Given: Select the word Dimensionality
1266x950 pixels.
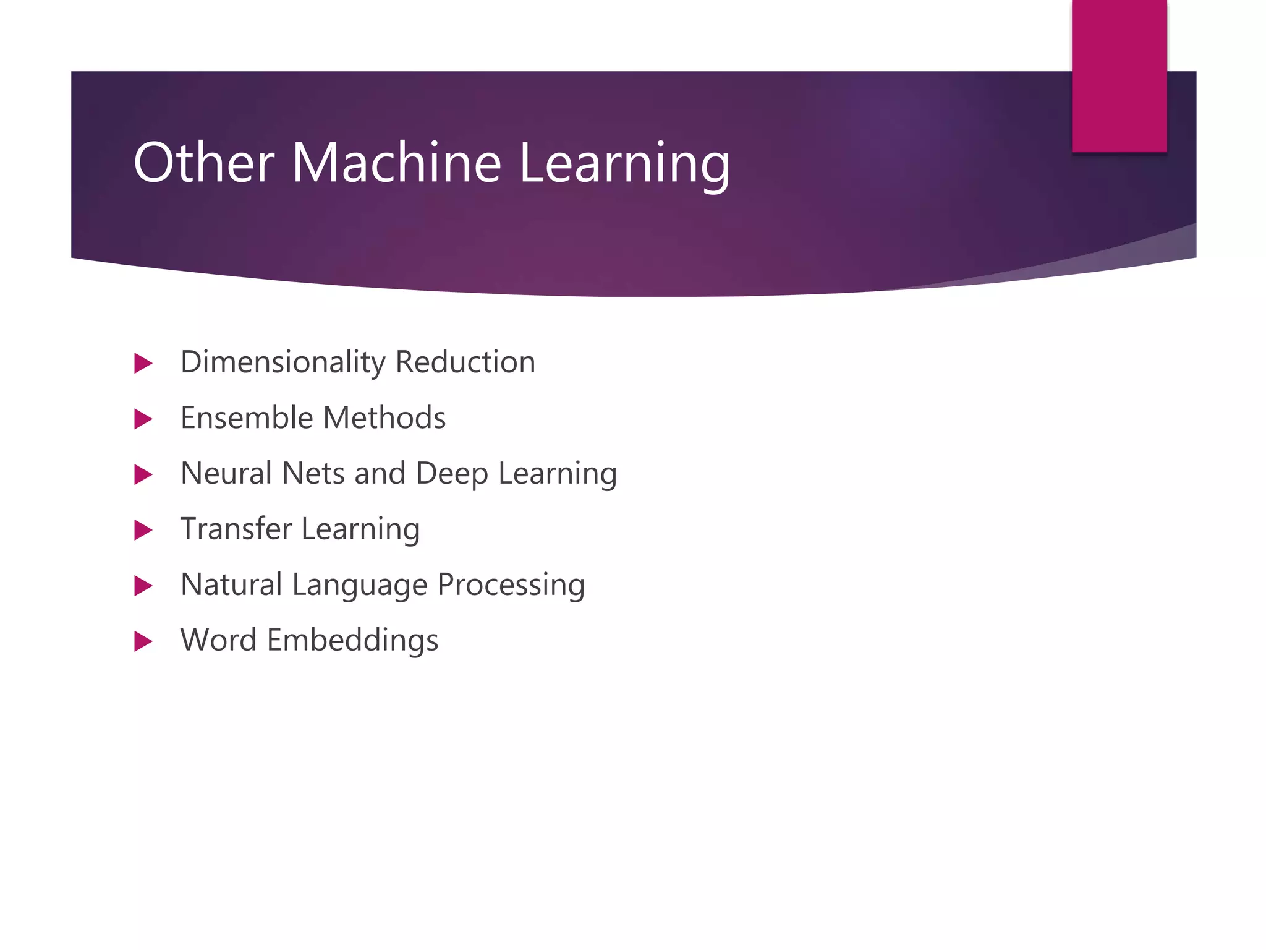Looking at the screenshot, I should [x=283, y=363].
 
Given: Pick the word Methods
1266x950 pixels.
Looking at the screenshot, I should [x=384, y=417].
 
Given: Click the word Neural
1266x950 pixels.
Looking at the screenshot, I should [x=226, y=473].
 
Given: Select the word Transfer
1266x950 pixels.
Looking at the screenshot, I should [x=236, y=529].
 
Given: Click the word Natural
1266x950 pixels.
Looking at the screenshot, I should [x=231, y=584].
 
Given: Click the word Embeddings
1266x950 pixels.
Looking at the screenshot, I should [x=352, y=641].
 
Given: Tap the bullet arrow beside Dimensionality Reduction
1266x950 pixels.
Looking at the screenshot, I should [x=143, y=363].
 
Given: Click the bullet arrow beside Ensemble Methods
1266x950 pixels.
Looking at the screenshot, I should [x=143, y=419].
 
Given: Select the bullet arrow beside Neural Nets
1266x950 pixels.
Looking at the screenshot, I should [x=143, y=474].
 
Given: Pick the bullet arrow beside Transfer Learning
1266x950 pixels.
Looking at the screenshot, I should [x=143, y=530].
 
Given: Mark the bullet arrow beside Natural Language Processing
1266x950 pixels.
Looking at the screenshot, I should [x=143, y=586].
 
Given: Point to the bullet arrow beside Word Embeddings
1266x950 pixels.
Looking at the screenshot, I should [x=143, y=641].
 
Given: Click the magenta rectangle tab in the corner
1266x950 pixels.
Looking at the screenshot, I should [x=1119, y=75].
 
